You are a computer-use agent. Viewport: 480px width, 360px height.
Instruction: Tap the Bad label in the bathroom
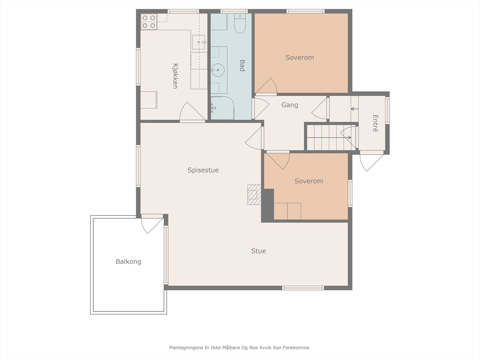tap(242, 66)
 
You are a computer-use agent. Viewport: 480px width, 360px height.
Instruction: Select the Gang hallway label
tap(290, 105)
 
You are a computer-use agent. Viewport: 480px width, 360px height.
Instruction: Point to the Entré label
tap(375, 124)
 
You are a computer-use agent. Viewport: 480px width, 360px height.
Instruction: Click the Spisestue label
tap(203, 170)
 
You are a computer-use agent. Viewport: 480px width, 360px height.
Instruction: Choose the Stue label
tap(259, 251)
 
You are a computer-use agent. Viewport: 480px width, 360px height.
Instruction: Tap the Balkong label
tap(128, 262)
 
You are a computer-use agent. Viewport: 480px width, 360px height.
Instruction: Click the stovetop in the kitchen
tap(149, 22)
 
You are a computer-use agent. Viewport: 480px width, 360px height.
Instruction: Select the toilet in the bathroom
tap(240, 23)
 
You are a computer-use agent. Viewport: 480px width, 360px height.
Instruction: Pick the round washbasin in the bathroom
tap(218, 70)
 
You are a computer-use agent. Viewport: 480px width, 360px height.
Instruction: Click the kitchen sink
tap(199, 42)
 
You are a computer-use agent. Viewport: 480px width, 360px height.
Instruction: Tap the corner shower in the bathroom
tap(222, 108)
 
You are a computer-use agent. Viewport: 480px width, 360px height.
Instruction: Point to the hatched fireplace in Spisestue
tap(254, 195)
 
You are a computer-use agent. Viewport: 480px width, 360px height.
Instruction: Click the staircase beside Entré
tap(331, 138)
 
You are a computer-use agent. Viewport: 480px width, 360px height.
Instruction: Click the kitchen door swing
tap(192, 112)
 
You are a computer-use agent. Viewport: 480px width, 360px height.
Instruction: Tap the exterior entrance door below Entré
tap(371, 161)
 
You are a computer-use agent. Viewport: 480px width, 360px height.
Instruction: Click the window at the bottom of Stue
tap(303, 288)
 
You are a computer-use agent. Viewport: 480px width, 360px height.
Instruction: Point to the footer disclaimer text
tap(240, 347)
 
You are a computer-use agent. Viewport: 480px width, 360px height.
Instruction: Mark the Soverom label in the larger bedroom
tap(300, 58)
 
